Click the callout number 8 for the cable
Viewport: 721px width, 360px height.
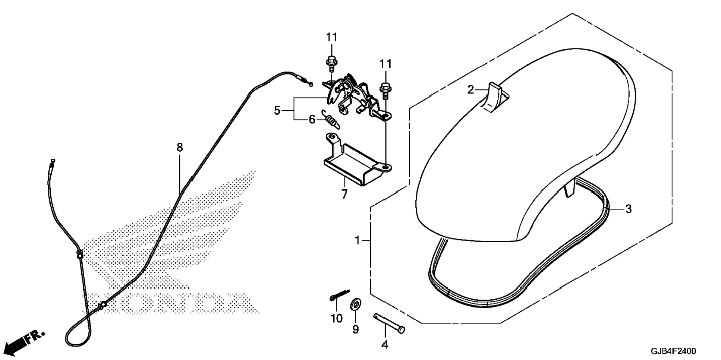click(180, 148)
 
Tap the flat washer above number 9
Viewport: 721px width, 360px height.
click(354, 305)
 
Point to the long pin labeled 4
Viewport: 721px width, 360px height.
click(389, 322)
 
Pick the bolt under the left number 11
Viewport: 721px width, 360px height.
click(331, 64)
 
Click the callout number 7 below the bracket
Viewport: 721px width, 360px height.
click(344, 194)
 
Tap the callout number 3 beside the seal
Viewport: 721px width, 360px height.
click(628, 209)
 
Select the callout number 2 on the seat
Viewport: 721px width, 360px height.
click(471, 89)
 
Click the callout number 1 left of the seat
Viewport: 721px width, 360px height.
click(357, 241)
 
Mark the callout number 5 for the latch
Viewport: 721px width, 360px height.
click(277, 111)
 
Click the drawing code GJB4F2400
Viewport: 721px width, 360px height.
click(673, 351)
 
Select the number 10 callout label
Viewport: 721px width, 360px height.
click(336, 319)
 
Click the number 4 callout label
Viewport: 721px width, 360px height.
click(385, 345)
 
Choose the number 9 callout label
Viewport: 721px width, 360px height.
click(355, 329)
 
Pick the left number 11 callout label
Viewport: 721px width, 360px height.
click(331, 37)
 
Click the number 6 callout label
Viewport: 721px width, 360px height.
click(312, 120)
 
